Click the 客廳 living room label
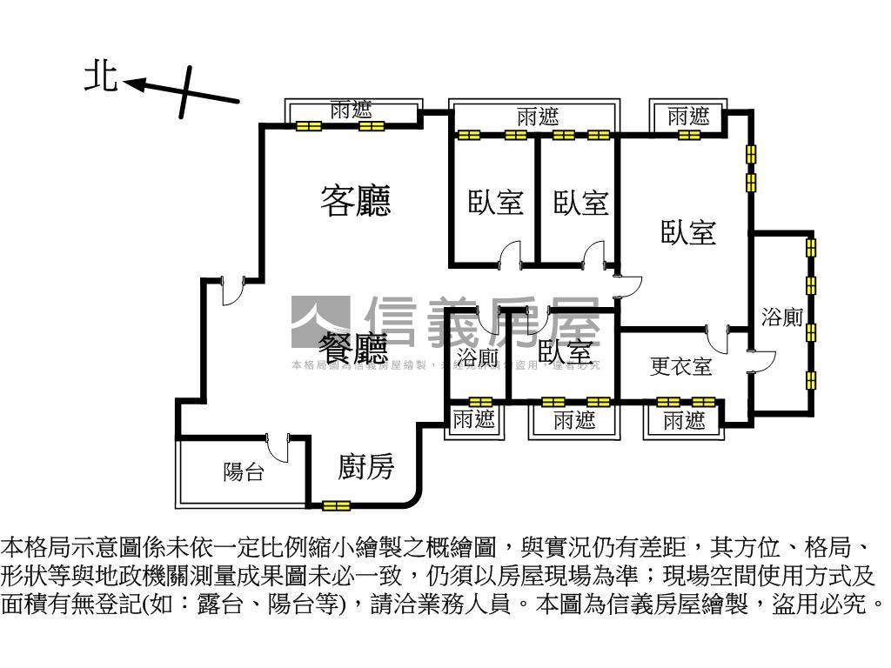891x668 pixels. click(355, 201)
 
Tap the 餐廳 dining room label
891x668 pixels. click(352, 349)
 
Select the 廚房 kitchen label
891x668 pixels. click(365, 467)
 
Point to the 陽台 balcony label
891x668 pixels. click(243, 473)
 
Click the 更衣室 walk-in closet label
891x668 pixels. click(680, 366)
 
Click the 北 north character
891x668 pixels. click(101, 77)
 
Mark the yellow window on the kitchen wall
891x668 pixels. click(335, 505)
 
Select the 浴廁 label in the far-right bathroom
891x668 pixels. click(781, 317)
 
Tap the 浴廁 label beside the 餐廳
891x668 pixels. click(477, 357)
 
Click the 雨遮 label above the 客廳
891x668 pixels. click(351, 110)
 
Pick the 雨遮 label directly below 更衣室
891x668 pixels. click(684, 422)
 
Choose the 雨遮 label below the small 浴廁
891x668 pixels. click(474, 420)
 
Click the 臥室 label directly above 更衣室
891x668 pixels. click(687, 232)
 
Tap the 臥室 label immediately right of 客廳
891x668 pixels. click(495, 203)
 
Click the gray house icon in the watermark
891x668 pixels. click(320, 322)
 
